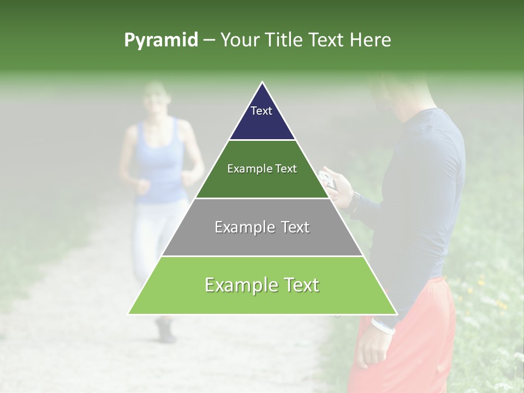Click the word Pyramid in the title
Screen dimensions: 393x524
tap(160, 40)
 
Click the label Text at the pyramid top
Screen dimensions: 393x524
tap(261, 111)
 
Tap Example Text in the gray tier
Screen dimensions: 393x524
tap(262, 227)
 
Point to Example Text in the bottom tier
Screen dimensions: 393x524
tap(262, 285)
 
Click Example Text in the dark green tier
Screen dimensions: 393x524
tap(262, 169)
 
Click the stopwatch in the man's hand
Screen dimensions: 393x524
tap(327, 179)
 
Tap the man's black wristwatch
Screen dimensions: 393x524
tap(355, 200)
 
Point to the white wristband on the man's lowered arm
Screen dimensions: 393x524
tap(383, 326)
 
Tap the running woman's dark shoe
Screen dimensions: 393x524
tap(165, 331)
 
